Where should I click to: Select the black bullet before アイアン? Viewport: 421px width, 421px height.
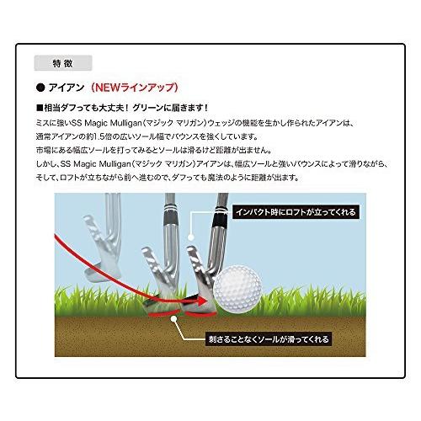(40, 87)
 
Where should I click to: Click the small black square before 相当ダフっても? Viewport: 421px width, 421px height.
(40, 109)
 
